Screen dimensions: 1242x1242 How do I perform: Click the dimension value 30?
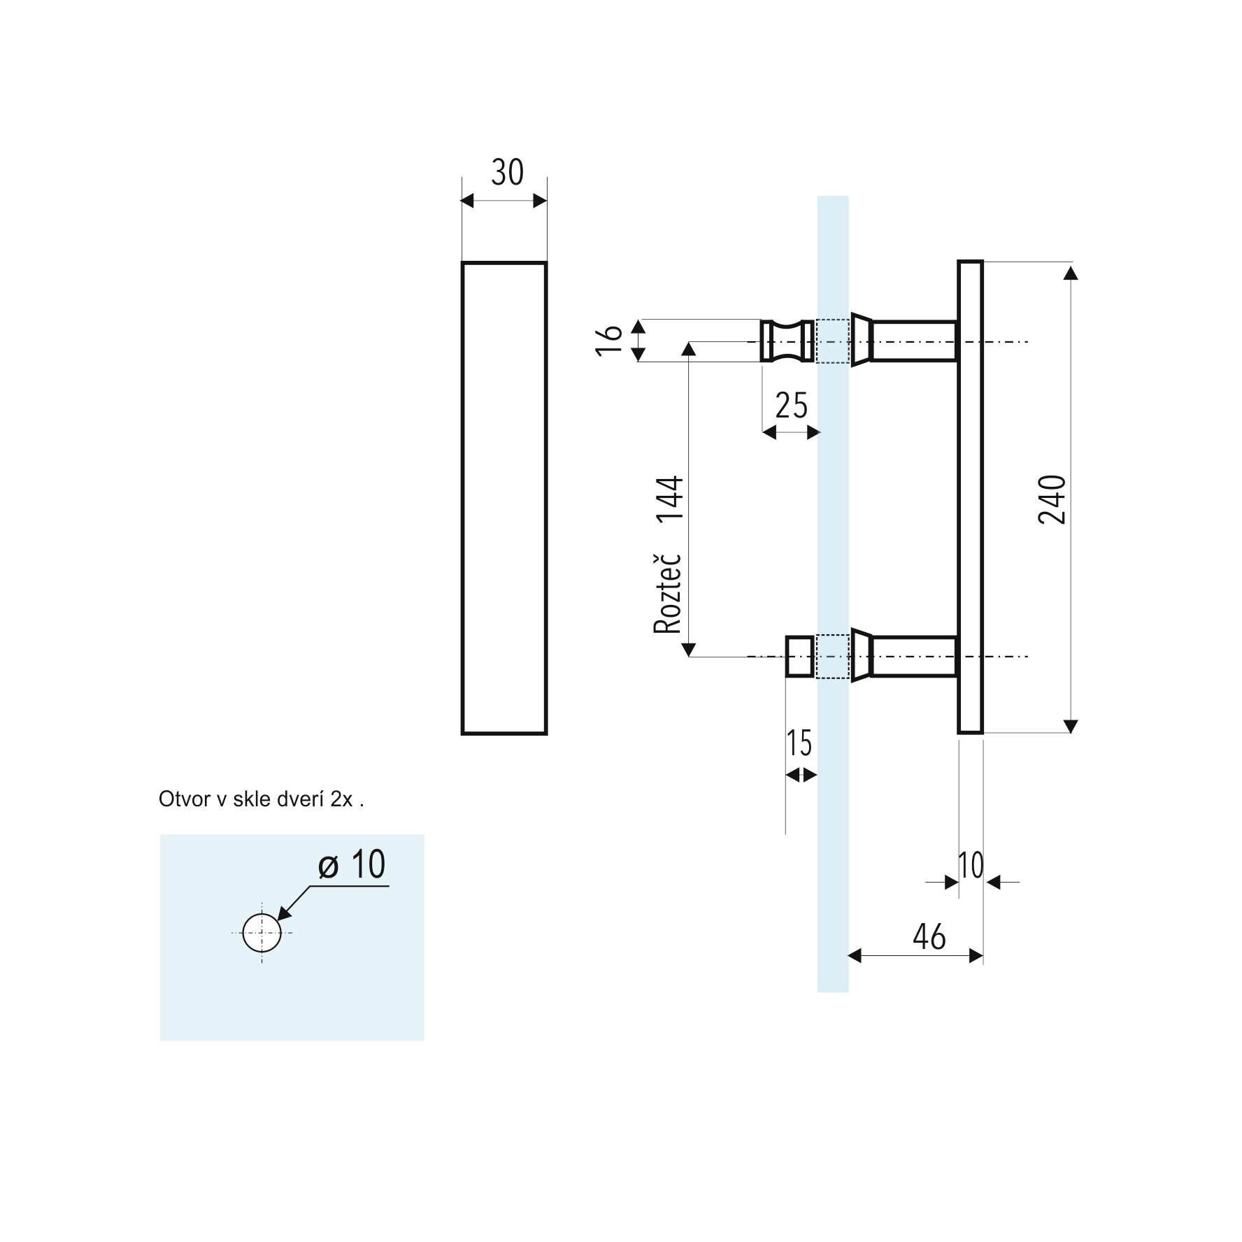(x=507, y=172)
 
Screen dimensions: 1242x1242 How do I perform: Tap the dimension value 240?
(x=1052, y=499)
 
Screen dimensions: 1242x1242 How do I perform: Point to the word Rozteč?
(x=668, y=593)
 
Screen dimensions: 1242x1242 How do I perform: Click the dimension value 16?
(x=610, y=341)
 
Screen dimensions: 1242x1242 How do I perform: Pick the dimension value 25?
(x=792, y=406)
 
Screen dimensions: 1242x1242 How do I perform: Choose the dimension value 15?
(x=799, y=743)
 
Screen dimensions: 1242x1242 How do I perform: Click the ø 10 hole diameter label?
(x=352, y=864)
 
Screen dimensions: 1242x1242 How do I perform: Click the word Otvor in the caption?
(x=185, y=799)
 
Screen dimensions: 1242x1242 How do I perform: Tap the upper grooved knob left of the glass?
(x=788, y=341)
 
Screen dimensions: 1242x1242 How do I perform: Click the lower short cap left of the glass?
(x=800, y=656)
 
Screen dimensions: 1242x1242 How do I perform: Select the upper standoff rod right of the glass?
(x=904, y=341)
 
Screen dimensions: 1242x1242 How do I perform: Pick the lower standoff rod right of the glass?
(x=904, y=656)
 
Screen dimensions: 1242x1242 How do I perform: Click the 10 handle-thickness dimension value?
(x=971, y=866)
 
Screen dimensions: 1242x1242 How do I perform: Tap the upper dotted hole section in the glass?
(x=833, y=341)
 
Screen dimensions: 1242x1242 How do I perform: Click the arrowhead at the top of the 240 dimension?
(x=1071, y=272)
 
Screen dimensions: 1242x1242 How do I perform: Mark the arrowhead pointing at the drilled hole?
(x=285, y=912)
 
